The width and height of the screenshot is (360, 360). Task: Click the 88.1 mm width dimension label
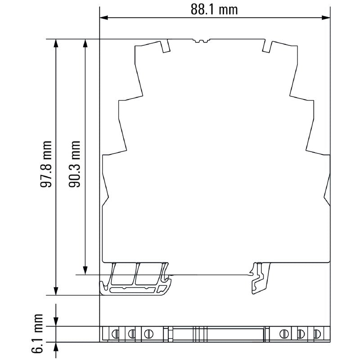coord(214,9)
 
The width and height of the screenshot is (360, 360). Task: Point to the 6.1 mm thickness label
coord(39,334)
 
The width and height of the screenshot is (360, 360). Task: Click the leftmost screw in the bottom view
coord(115,334)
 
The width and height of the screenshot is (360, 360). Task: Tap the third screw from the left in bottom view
coord(148,334)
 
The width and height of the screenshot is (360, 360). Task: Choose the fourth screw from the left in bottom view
coord(284,334)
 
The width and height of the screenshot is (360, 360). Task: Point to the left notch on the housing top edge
coord(165,46)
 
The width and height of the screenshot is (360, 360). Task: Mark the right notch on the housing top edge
coord(267,46)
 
